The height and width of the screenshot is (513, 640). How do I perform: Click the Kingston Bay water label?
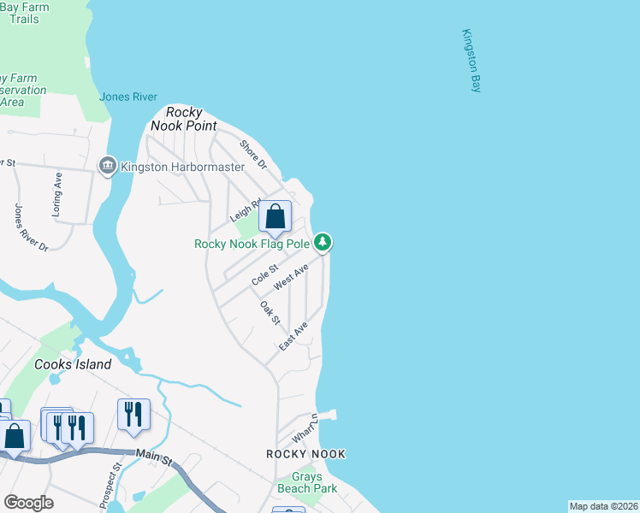(471, 61)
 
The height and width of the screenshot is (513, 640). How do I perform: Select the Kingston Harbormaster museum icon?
(108, 166)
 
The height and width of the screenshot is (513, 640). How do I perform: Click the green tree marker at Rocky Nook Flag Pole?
(323, 243)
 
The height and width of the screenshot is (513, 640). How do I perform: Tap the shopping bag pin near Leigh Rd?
(275, 217)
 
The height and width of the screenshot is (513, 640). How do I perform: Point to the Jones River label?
(128, 97)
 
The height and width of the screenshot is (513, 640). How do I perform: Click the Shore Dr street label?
(253, 155)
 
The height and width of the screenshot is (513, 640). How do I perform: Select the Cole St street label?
(265, 275)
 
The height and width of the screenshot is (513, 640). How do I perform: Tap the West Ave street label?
(291, 276)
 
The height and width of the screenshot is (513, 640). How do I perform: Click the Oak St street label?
(270, 312)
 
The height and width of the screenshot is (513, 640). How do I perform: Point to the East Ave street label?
(293, 336)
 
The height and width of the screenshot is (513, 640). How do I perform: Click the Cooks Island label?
(73, 364)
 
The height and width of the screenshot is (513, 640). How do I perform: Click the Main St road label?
(154, 458)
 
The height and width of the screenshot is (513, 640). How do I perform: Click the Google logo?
(28, 502)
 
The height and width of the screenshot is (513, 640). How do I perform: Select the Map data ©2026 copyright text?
(602, 506)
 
